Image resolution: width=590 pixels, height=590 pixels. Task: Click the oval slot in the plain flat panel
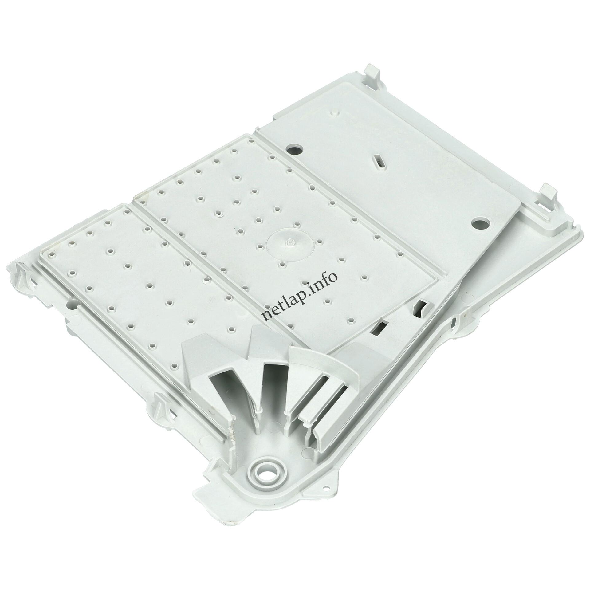[x=380, y=161]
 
